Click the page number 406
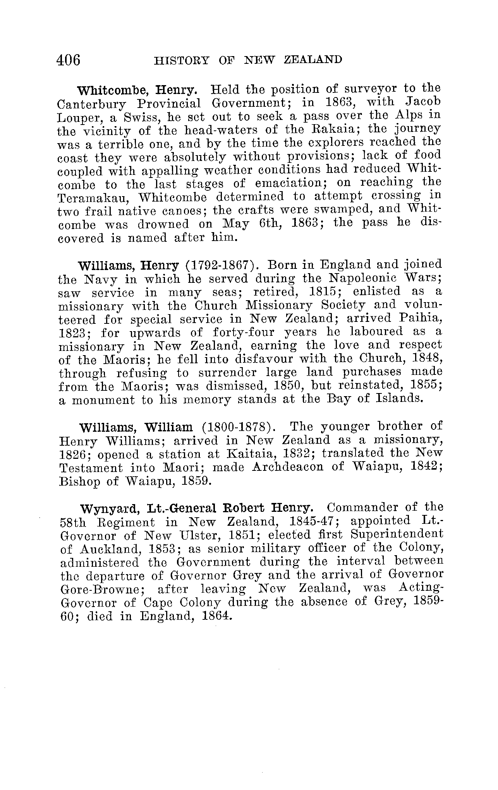click(x=69, y=60)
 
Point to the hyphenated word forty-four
click(x=244, y=332)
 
